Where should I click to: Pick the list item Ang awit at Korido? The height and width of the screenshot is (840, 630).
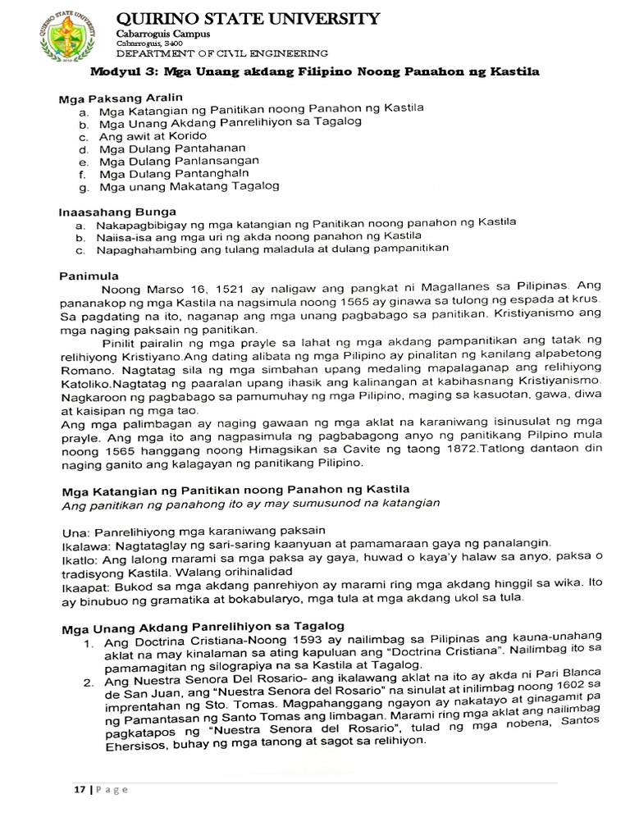(153, 135)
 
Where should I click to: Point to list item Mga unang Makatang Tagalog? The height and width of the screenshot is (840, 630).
(189, 186)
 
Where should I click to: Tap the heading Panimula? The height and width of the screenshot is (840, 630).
(89, 275)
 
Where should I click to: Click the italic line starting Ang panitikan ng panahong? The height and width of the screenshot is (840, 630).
(252, 503)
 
